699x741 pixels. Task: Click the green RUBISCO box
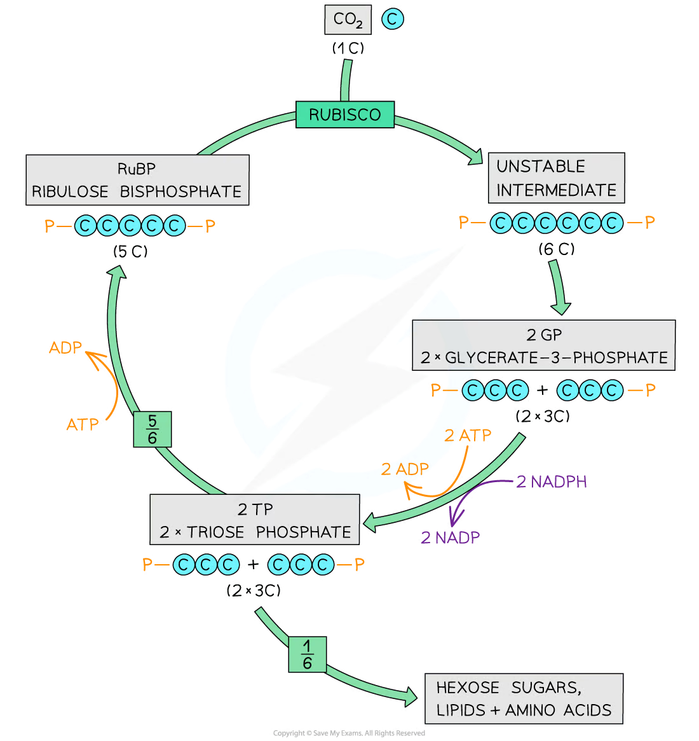pyautogui.click(x=344, y=114)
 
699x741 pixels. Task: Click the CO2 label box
pyautogui.click(x=348, y=20)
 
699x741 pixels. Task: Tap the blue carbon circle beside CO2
pyautogui.click(x=393, y=20)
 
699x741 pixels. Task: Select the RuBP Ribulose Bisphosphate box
pyautogui.click(x=137, y=180)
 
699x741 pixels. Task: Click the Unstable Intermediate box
pyautogui.click(x=556, y=177)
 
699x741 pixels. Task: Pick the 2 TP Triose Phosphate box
pyautogui.click(x=254, y=520)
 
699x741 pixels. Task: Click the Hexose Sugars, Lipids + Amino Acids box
pyautogui.click(x=523, y=698)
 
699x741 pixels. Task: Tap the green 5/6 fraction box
pyautogui.click(x=153, y=429)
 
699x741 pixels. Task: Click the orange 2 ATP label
pyautogui.click(x=467, y=436)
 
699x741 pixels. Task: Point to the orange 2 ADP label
pyautogui.click(x=405, y=470)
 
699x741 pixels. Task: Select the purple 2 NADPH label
pyautogui.click(x=552, y=481)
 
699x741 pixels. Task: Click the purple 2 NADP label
pyautogui.click(x=450, y=537)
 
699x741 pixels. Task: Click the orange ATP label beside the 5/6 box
pyautogui.click(x=83, y=424)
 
